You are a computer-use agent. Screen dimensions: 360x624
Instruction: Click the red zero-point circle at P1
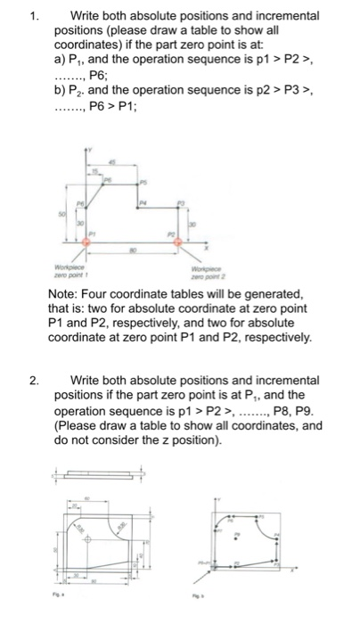pyautogui.click(x=86, y=242)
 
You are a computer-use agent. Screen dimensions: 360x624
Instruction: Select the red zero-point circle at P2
pyautogui.click(x=176, y=242)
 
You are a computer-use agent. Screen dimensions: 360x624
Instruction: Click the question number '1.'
pyautogui.click(x=34, y=15)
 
